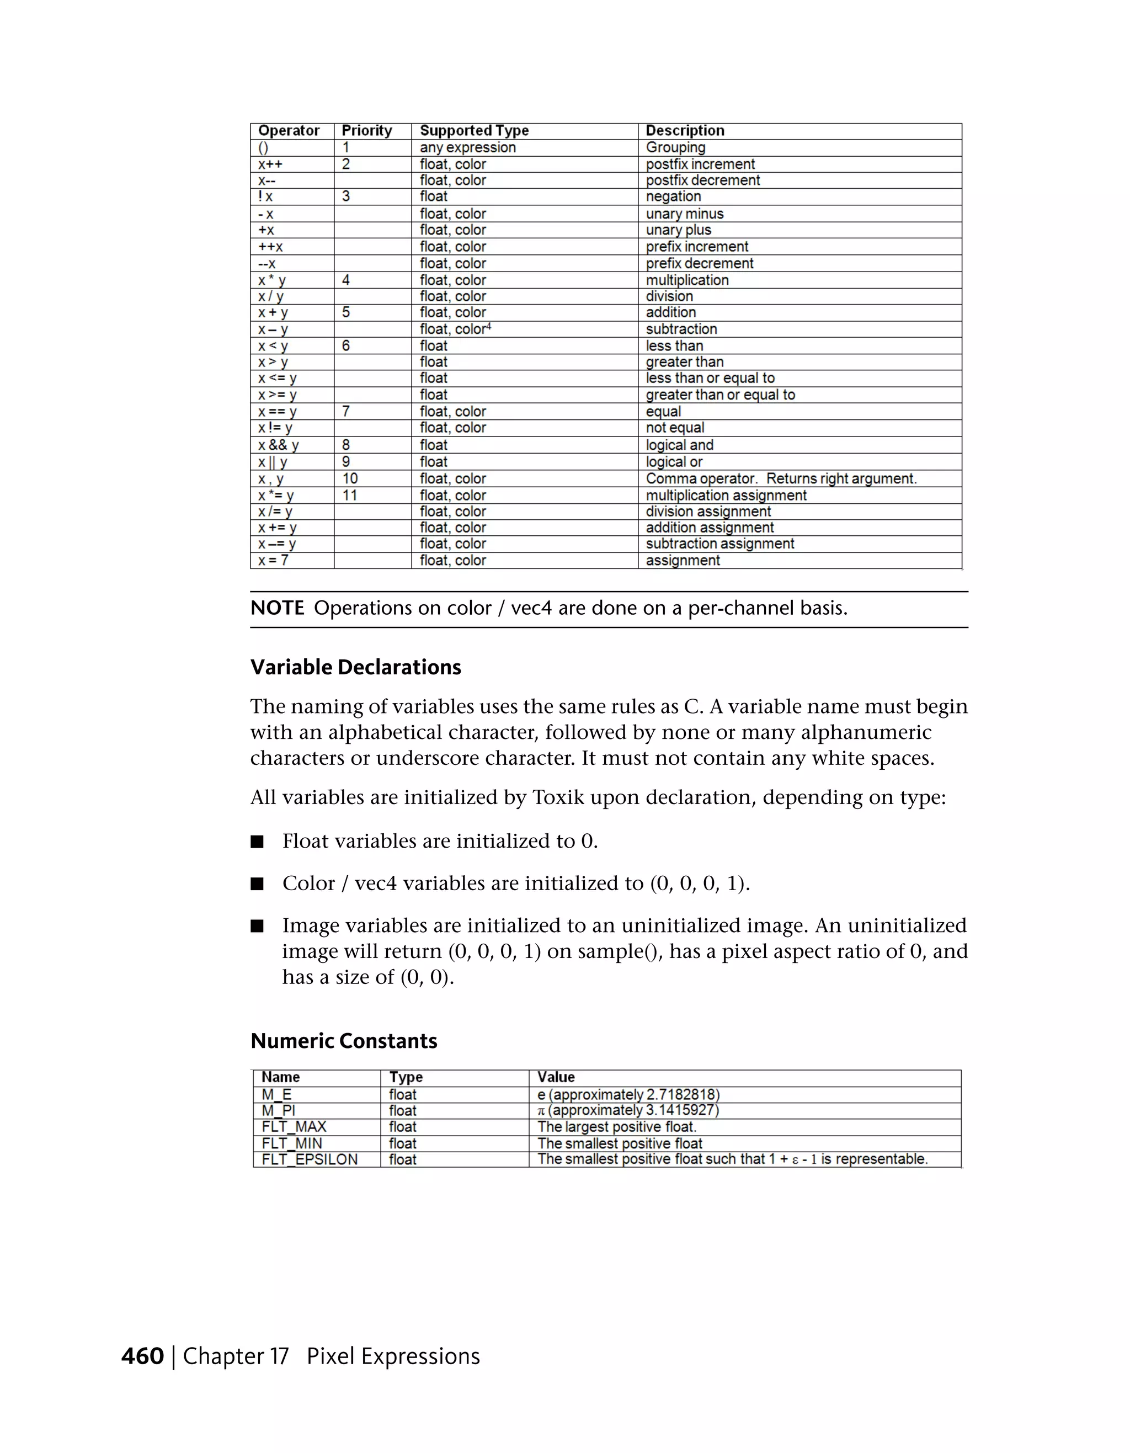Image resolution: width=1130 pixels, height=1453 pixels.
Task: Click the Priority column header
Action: (366, 130)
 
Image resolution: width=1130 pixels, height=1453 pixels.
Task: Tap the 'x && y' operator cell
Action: (279, 445)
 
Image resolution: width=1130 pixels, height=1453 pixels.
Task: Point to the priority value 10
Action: (350, 478)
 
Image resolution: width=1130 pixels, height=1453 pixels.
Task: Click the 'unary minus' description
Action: (684, 214)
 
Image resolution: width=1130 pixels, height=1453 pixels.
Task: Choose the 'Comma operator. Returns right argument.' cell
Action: (781, 478)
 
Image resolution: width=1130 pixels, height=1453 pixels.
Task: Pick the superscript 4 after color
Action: (489, 326)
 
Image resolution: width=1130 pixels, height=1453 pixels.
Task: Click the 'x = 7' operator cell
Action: (273, 560)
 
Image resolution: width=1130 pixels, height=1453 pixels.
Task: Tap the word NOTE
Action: (276, 608)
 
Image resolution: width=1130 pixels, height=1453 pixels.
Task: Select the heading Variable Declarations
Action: (356, 667)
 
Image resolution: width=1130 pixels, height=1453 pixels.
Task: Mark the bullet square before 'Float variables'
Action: (257, 842)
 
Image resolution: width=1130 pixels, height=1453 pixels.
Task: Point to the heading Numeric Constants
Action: (344, 1041)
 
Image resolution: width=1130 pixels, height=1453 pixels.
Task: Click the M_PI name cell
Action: (278, 1110)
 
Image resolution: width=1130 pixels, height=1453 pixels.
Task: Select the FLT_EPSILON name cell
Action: (310, 1159)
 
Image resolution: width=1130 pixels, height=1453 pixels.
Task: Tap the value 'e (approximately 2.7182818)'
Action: (628, 1094)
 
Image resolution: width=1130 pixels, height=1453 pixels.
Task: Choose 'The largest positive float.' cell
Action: (616, 1126)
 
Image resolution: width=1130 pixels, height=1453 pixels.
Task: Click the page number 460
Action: (142, 1356)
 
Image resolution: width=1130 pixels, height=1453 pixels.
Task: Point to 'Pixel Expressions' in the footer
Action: (393, 1356)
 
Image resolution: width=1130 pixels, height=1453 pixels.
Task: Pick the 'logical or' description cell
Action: (674, 462)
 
